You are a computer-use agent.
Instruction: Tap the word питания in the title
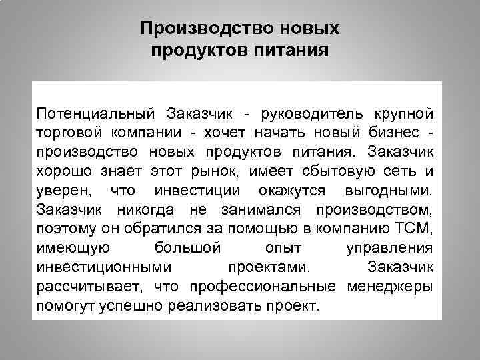[x=293, y=51]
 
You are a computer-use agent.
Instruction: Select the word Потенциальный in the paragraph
[x=95, y=109]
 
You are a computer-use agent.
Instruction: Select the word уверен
[x=65, y=191]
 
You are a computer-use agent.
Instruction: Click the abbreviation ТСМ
[x=415, y=230]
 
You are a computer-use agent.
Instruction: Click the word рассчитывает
[x=87, y=287]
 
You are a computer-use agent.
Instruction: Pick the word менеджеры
[x=390, y=287]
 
